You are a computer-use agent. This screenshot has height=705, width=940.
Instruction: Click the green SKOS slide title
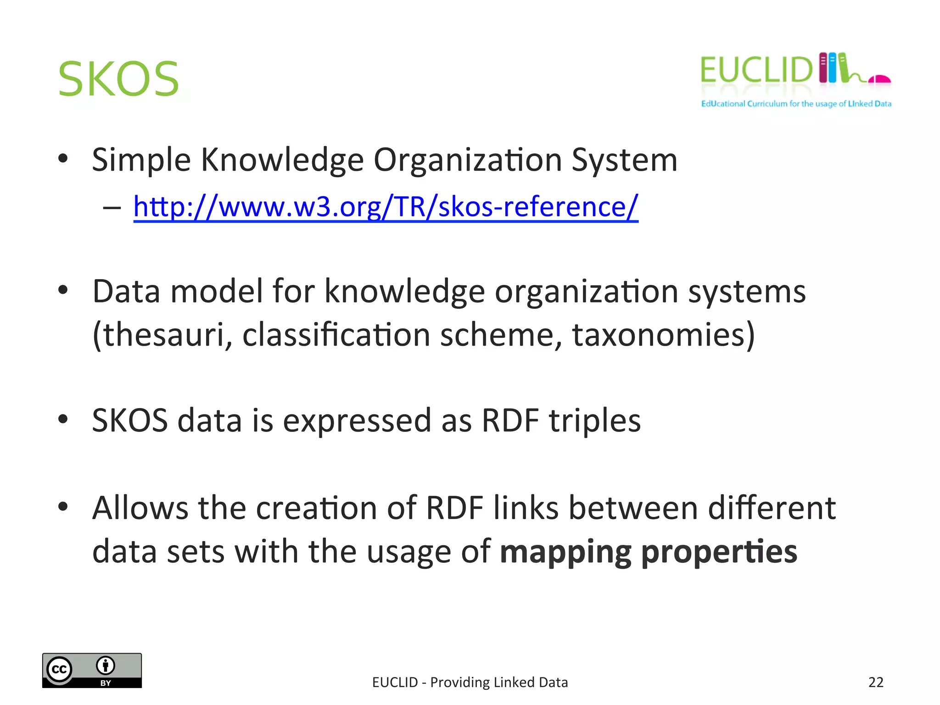click(x=118, y=79)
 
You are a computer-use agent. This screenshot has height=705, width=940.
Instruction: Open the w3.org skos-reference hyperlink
click(x=386, y=207)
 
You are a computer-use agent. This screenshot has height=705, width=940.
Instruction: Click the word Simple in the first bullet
click(x=141, y=160)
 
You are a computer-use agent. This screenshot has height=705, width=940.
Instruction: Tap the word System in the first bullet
click(x=624, y=160)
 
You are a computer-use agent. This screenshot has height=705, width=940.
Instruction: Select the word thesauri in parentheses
click(x=163, y=335)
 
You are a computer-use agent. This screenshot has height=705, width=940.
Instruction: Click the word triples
click(x=595, y=420)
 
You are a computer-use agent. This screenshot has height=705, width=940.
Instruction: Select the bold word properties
click(x=719, y=552)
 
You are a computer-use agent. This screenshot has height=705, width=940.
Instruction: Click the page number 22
click(x=876, y=683)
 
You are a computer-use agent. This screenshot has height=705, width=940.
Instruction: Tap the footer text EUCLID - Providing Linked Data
click(x=470, y=683)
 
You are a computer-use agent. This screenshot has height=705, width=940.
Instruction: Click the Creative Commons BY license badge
click(x=92, y=670)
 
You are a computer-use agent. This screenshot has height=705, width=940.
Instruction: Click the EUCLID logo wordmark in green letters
click(x=756, y=70)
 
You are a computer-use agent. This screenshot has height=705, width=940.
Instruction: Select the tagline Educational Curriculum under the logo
click(x=796, y=104)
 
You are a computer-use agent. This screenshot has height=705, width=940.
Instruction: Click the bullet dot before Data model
click(x=63, y=290)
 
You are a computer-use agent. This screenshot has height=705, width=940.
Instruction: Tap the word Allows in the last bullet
click(x=140, y=508)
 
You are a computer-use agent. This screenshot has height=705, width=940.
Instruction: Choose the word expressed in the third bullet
click(x=357, y=420)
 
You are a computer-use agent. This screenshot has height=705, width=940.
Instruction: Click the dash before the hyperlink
click(x=112, y=208)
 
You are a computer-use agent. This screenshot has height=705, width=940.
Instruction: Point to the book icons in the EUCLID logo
click(x=833, y=68)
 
